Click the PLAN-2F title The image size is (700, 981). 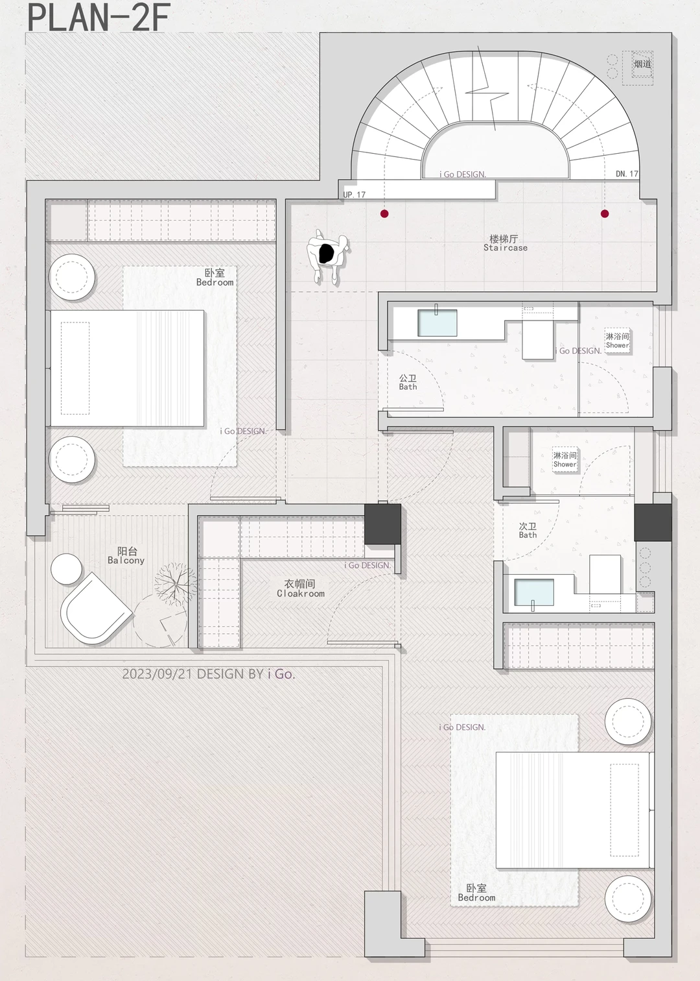[99, 18]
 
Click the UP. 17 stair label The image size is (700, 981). [355, 195]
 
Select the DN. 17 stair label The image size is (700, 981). [627, 174]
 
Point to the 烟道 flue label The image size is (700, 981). [643, 64]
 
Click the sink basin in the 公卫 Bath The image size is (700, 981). [437, 322]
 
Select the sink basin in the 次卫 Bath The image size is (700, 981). [534, 592]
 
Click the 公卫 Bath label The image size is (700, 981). [408, 382]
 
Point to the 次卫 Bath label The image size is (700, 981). [528, 530]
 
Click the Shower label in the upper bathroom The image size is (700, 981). [617, 345]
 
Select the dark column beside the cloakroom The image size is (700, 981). [382, 524]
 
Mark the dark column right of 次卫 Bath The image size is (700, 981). [653, 522]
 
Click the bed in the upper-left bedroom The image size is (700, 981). [127, 369]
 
